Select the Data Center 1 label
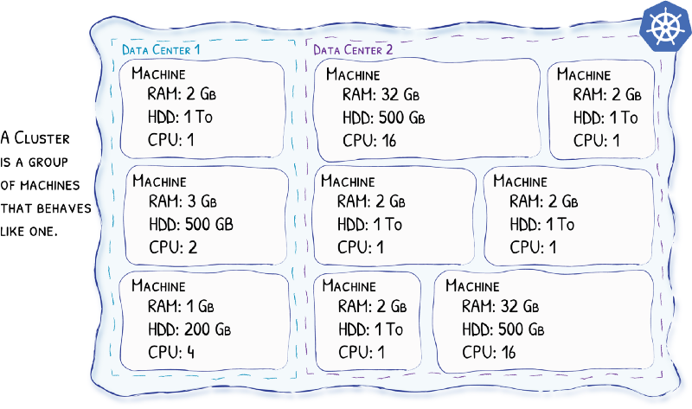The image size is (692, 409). coord(161,49)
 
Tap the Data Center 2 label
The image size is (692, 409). coord(353,49)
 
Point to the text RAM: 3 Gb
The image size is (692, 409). coord(183,202)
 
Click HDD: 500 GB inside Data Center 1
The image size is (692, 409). coord(190,224)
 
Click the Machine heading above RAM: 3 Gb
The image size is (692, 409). coord(158,182)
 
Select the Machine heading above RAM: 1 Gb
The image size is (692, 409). coord(157,285)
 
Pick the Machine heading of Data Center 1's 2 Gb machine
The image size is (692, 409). coord(158,74)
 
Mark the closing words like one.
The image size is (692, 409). coord(29,231)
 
